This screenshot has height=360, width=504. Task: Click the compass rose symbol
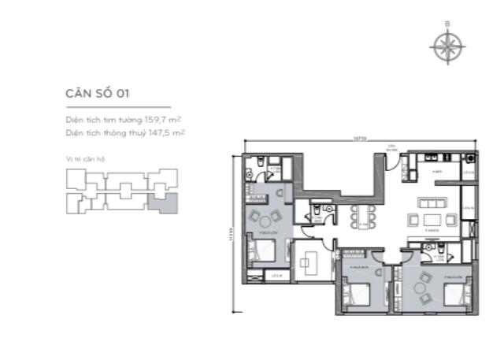click(x=447, y=46)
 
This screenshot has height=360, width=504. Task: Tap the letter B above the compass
click(x=447, y=24)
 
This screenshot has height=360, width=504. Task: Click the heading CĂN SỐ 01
click(x=97, y=93)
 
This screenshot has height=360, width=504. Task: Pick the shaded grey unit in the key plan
click(x=165, y=203)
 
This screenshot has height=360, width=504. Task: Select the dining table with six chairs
click(x=363, y=216)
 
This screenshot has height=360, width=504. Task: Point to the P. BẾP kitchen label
click(x=435, y=169)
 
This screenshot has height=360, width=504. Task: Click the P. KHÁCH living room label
click(x=432, y=228)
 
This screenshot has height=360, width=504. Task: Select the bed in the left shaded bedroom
click(x=259, y=251)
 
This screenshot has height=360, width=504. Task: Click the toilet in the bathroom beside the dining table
click(x=316, y=212)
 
